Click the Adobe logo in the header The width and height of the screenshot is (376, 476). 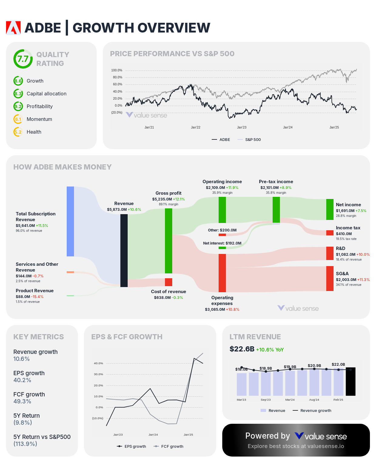pyautogui.click(x=13, y=28)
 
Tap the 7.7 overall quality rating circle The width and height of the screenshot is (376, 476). pyautogui.click(x=23, y=59)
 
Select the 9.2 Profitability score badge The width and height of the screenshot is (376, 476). pyautogui.click(x=18, y=106)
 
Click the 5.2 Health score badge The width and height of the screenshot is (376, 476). pyautogui.click(x=18, y=132)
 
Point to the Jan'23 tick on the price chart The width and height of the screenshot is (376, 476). pyautogui.click(x=242, y=127)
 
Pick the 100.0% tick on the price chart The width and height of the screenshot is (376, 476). pyautogui.click(x=117, y=70)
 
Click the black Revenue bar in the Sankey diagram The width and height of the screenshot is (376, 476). pyautogui.click(x=124, y=251)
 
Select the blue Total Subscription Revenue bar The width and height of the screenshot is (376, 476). pyautogui.click(x=70, y=221)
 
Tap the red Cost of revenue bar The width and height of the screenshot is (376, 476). pyautogui.click(x=169, y=282)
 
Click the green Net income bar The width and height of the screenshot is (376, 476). pyautogui.click(x=330, y=209)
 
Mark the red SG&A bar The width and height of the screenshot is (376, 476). pyautogui.click(x=330, y=279)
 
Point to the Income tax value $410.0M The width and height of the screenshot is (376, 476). pyautogui.click(x=344, y=234)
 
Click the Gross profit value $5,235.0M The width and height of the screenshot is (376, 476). pyautogui.click(x=162, y=199)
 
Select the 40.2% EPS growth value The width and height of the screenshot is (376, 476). pyautogui.click(x=22, y=380)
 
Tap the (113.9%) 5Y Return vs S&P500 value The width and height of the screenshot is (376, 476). pyautogui.click(x=25, y=444)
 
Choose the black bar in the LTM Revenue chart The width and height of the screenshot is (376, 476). pyautogui.click(x=351, y=382)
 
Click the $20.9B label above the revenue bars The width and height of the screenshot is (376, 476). pyautogui.click(x=314, y=365)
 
